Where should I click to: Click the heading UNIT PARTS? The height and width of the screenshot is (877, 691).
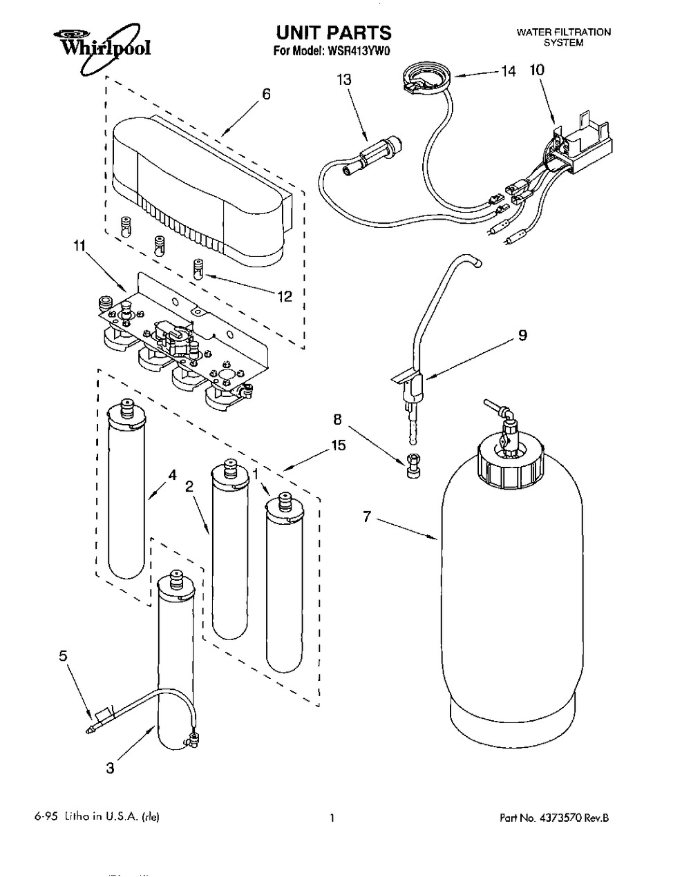[x=333, y=32]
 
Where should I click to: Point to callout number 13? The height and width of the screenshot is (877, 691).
[x=343, y=80]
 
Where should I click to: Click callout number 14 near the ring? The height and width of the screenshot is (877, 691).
[x=508, y=70]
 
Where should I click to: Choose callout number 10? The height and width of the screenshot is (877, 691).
[x=537, y=70]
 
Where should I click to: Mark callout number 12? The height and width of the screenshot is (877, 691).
[x=284, y=297]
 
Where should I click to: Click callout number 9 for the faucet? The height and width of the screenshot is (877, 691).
[x=522, y=335]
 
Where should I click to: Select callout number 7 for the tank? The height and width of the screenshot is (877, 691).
[x=367, y=514]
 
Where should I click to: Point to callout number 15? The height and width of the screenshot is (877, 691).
[x=338, y=446]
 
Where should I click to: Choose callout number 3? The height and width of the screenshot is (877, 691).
[x=111, y=768]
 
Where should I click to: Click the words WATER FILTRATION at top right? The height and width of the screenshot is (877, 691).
[x=564, y=32]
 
